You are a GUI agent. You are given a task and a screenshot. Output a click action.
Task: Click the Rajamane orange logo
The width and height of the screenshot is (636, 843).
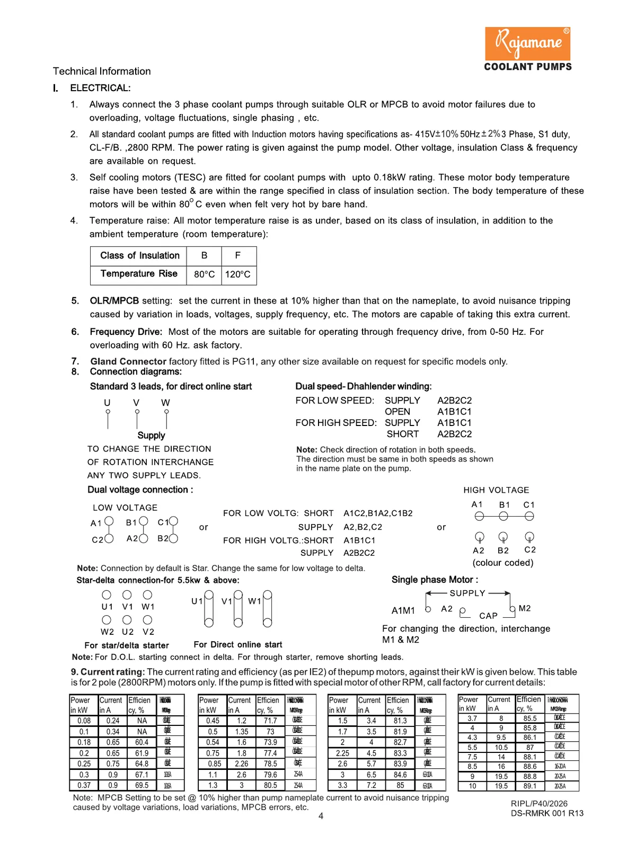pyautogui.click(x=527, y=43)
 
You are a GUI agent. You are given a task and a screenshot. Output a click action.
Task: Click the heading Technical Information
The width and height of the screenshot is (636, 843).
pyautogui.click(x=102, y=71)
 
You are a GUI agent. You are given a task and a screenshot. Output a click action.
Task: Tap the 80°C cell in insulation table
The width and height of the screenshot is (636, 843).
pyautogui.click(x=204, y=274)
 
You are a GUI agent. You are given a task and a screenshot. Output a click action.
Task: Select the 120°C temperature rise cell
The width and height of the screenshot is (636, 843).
pyautogui.click(x=238, y=274)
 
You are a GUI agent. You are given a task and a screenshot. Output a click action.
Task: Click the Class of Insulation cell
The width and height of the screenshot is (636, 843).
pyautogui.click(x=140, y=255)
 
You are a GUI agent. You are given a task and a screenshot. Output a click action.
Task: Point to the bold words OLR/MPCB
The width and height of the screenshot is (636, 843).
pyautogui.click(x=114, y=301)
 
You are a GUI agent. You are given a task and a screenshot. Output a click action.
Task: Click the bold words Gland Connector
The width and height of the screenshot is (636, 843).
pyautogui.click(x=128, y=361)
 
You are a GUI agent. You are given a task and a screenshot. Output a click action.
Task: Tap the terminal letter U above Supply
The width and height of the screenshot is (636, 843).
pyautogui.click(x=107, y=403)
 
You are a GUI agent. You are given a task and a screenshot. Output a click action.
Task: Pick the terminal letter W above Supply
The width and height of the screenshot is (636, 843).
pyautogui.click(x=165, y=403)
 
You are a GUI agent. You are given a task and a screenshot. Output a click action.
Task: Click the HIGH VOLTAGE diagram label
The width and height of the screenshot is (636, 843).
pyautogui.click(x=496, y=490)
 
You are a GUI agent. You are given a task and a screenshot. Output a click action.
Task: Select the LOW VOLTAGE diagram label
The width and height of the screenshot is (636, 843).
pyautogui.click(x=125, y=508)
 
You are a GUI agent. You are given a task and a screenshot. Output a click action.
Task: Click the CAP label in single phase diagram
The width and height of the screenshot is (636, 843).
pyautogui.click(x=488, y=616)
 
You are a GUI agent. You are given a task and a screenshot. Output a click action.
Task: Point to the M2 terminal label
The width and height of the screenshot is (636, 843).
pyautogui.click(x=525, y=608)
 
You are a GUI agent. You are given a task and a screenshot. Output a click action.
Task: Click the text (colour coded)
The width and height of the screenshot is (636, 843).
pyautogui.click(x=503, y=563)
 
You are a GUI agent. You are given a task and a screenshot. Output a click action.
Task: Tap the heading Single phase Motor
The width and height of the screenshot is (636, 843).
pyautogui.click(x=435, y=580)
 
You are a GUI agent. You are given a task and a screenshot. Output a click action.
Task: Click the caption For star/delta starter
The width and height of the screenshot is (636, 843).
pyautogui.click(x=127, y=645)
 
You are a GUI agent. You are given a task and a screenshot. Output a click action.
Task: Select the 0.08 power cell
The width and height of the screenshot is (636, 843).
pyautogui.click(x=84, y=721)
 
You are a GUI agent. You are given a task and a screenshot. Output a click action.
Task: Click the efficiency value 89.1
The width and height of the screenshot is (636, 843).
pyautogui.click(x=529, y=786)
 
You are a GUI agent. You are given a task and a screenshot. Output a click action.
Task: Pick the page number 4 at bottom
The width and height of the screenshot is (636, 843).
pyautogui.click(x=321, y=816)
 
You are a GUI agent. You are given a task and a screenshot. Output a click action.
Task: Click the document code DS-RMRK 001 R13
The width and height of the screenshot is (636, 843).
pyautogui.click(x=547, y=813)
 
